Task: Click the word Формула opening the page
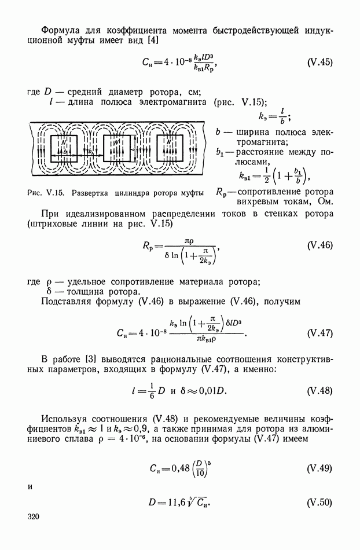pyautogui.click(x=61, y=28)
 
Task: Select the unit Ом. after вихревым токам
pyautogui.click(x=323, y=202)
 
